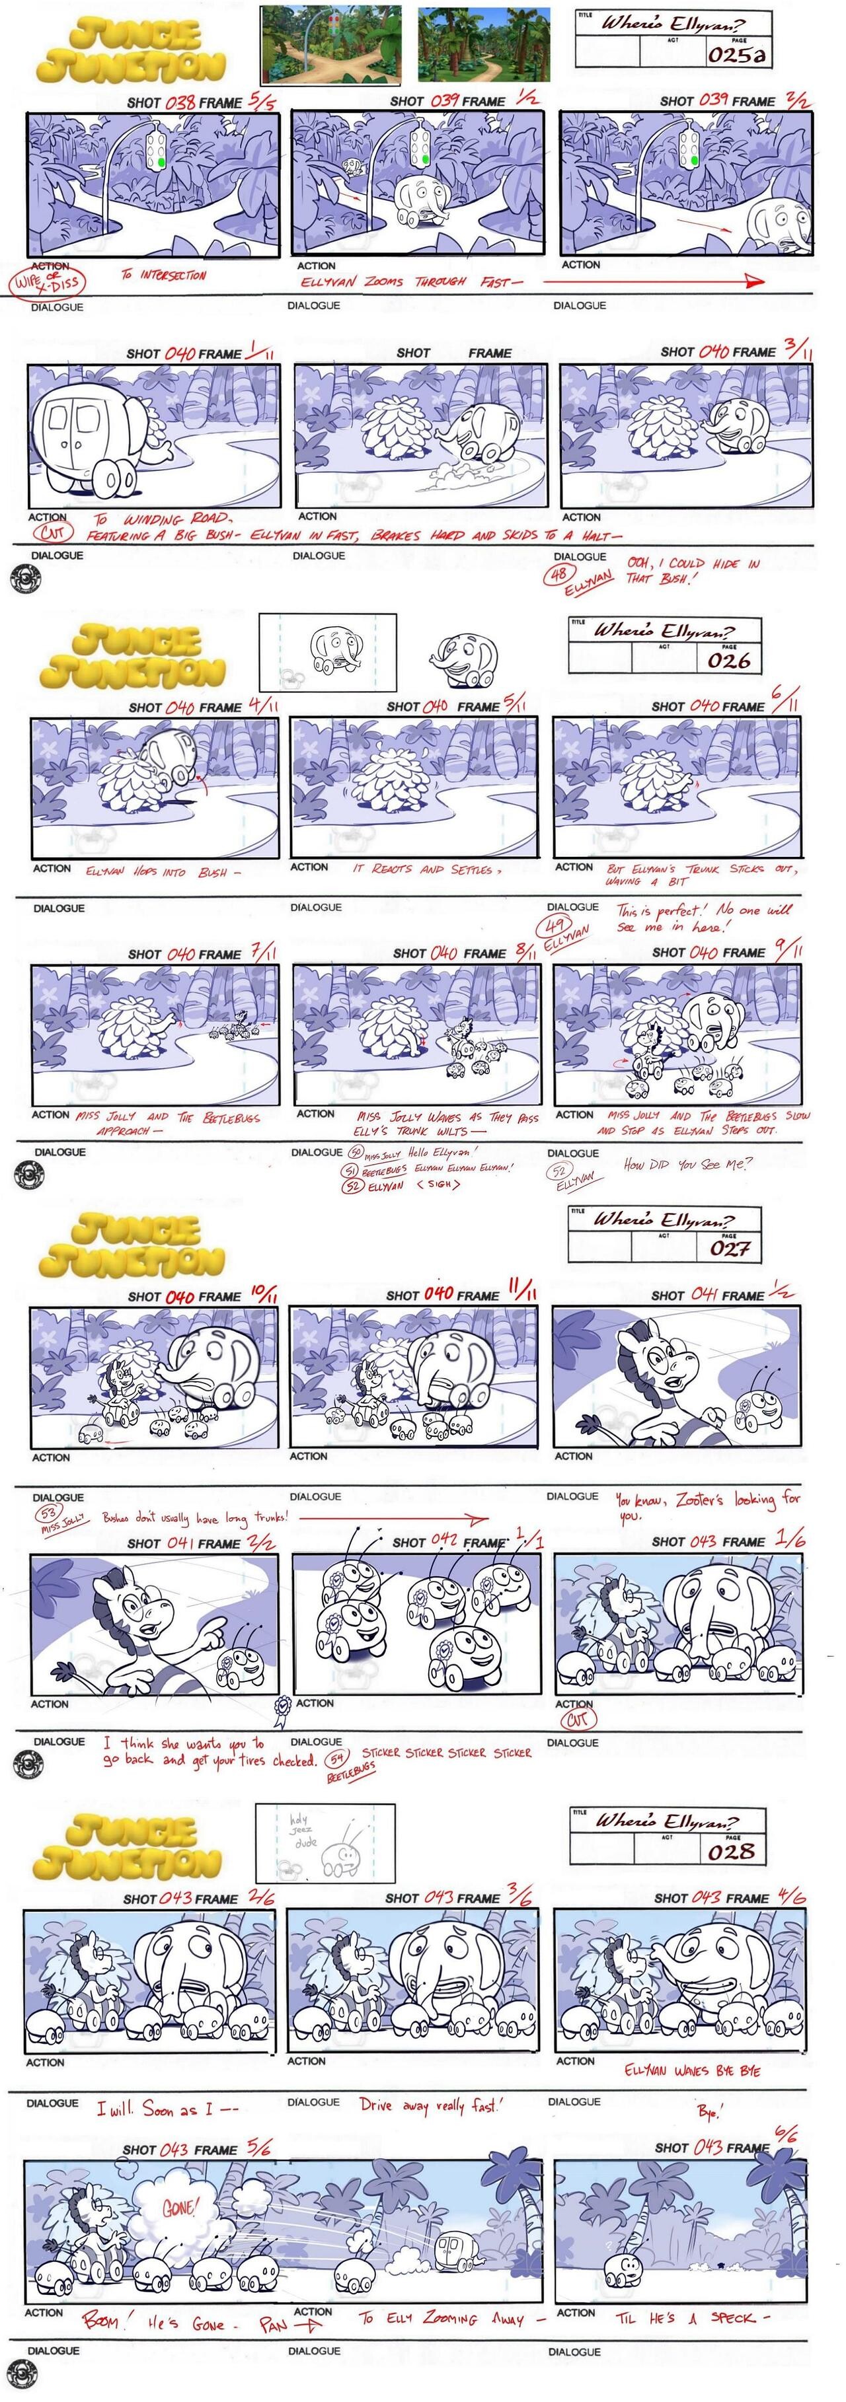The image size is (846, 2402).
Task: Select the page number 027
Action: pyautogui.click(x=730, y=1248)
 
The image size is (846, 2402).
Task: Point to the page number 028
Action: pyautogui.click(x=731, y=1851)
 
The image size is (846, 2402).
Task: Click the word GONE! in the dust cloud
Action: pyautogui.click(x=179, y=2207)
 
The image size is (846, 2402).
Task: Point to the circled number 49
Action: pyautogui.click(x=558, y=926)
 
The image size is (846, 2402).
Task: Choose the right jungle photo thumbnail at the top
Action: pyautogui.click(x=483, y=43)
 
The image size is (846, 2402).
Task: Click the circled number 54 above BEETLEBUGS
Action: pyautogui.click(x=336, y=1759)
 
